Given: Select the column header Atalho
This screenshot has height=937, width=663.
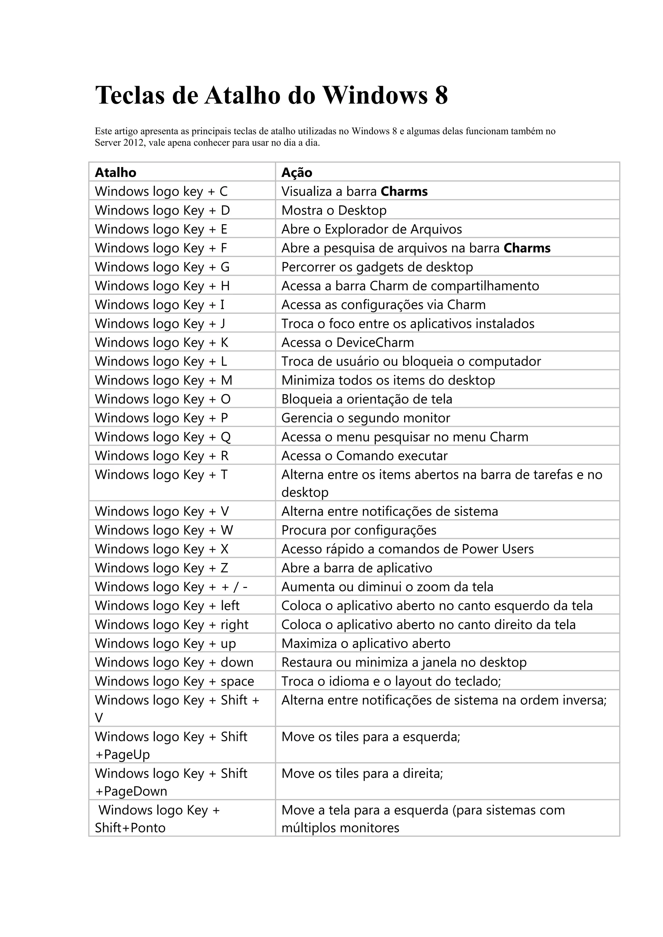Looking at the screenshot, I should [116, 173].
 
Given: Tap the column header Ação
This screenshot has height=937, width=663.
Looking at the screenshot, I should [297, 173].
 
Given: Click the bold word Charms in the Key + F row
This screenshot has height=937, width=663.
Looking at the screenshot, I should [527, 248].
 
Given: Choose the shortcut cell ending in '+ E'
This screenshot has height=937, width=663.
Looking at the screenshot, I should [161, 229].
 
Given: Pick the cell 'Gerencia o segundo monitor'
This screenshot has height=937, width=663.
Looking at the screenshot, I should [366, 418].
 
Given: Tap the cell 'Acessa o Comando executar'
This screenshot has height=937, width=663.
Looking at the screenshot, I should [365, 456].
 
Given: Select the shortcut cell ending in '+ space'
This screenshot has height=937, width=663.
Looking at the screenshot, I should [174, 681].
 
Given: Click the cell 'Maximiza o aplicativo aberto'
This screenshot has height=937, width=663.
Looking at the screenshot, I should [366, 644].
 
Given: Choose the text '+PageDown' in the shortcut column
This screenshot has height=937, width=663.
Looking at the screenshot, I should [131, 791].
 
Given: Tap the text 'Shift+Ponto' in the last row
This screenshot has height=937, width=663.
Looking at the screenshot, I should [130, 828].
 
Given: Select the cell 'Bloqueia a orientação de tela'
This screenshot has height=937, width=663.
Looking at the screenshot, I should [366, 399].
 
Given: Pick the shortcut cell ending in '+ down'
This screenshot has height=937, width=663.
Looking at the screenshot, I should [174, 662].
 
